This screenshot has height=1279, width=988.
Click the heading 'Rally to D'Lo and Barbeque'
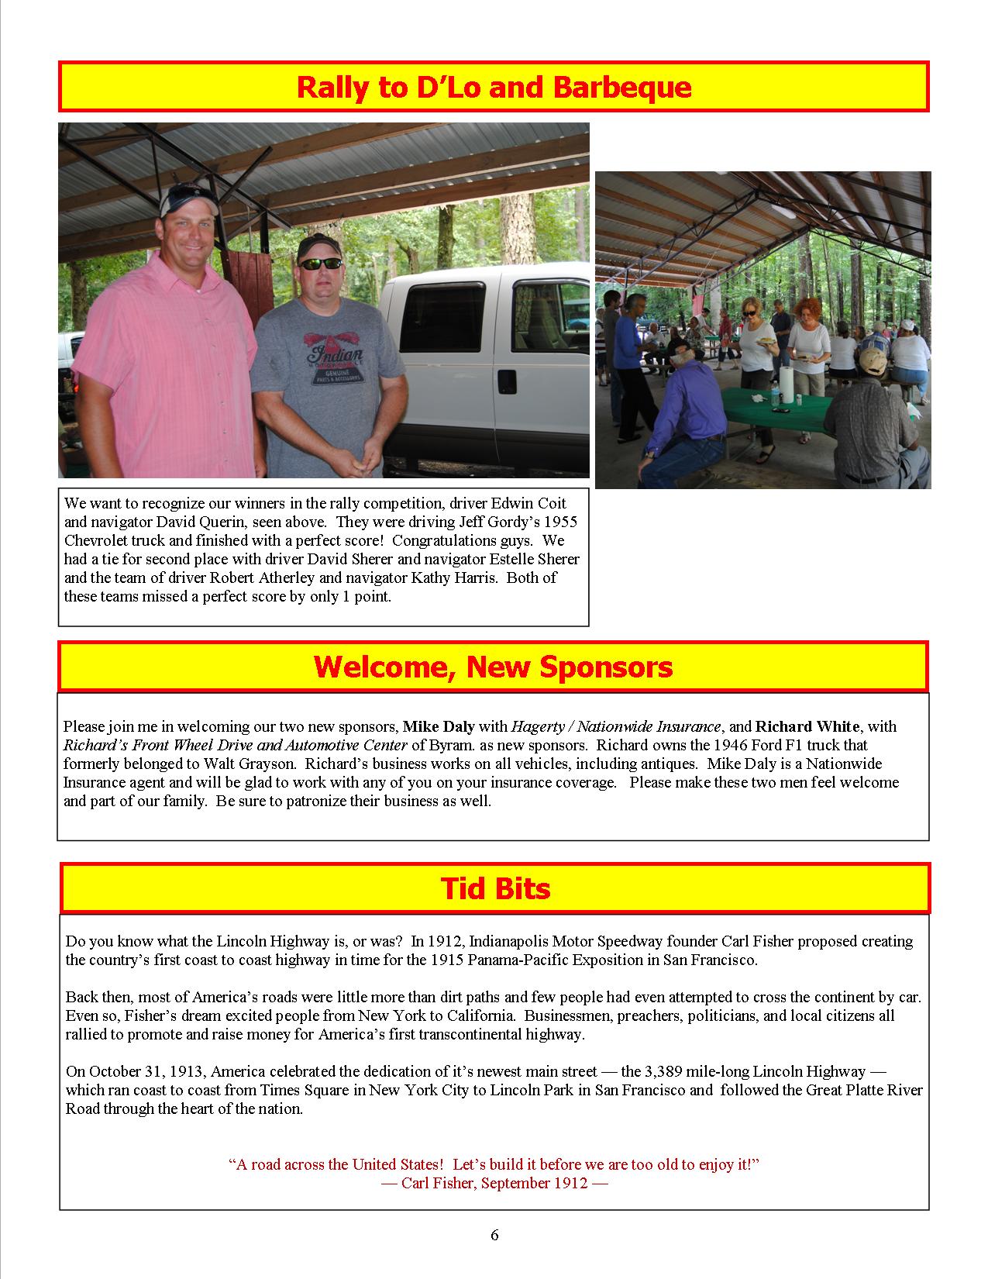click(494, 87)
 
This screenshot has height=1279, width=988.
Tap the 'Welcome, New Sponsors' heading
click(494, 667)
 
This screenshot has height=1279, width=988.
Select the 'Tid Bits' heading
click(495, 888)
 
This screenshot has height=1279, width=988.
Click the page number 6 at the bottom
click(494, 1235)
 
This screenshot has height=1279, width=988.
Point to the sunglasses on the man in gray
click(319, 264)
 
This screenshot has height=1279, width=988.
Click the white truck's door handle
click(507, 381)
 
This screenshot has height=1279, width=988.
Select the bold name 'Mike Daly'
click(439, 727)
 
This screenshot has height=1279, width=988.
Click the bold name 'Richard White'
click(807, 727)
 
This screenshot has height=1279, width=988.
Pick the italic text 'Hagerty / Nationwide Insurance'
click(616, 727)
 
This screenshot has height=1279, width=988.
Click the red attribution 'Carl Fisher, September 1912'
click(494, 1184)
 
